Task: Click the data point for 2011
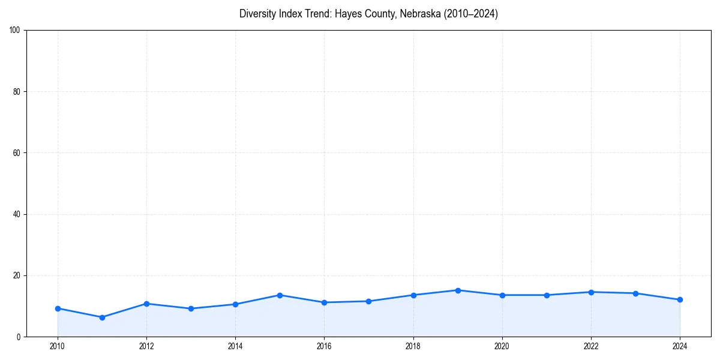click(x=102, y=317)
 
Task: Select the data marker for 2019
click(x=458, y=290)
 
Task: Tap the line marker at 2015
click(x=280, y=295)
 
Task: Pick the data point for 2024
click(x=680, y=299)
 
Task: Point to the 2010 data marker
click(x=58, y=308)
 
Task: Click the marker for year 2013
click(x=191, y=308)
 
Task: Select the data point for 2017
click(x=368, y=301)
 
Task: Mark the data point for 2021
click(x=547, y=295)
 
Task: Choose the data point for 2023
click(x=635, y=293)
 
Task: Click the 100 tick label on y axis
click(x=15, y=31)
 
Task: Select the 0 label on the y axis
click(x=19, y=337)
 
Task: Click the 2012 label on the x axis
click(x=146, y=346)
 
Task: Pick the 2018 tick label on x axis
click(x=413, y=346)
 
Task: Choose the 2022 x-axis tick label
click(x=591, y=346)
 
